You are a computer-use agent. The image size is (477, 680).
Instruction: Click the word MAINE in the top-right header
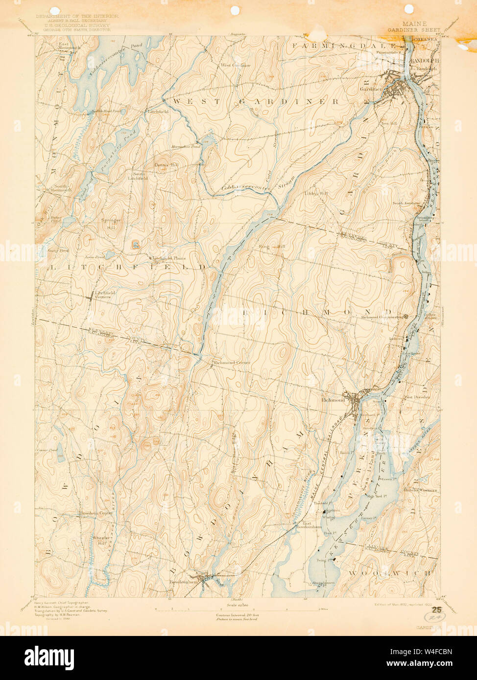coord(414,23)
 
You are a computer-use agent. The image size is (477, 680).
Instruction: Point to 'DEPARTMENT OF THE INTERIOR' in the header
coord(77,16)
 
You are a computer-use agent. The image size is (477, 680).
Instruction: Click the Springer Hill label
coord(110,224)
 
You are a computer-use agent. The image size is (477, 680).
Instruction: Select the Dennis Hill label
coord(166,165)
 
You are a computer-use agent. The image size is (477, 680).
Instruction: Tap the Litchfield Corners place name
coord(105,294)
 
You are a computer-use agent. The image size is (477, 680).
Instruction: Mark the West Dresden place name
coord(417,397)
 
